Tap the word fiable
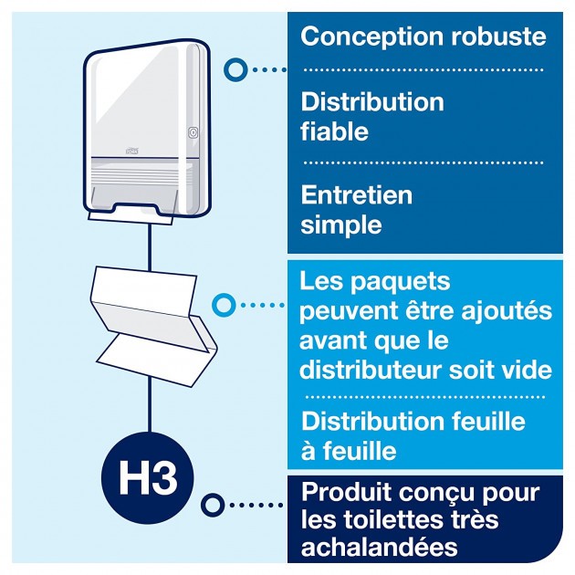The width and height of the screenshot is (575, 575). [334, 131]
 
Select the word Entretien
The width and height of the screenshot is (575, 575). [356, 194]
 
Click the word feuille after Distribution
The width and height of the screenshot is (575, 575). [492, 421]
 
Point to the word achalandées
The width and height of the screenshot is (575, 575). [379, 548]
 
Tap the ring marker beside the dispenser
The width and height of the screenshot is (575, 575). [236, 68]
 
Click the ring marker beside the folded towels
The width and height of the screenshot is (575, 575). [223, 304]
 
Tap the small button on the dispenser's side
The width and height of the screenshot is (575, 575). [193, 132]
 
